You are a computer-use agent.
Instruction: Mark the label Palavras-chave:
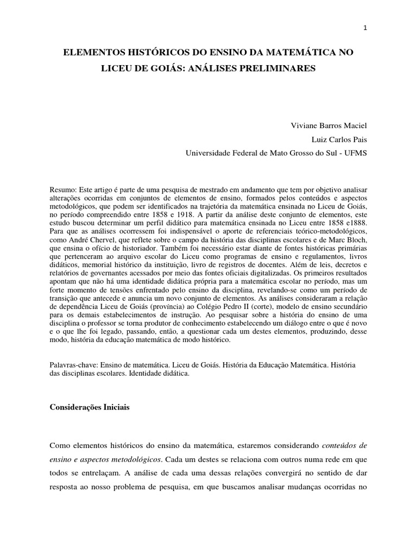coord(74,367)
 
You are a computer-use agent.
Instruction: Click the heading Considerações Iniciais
coord(90,407)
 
